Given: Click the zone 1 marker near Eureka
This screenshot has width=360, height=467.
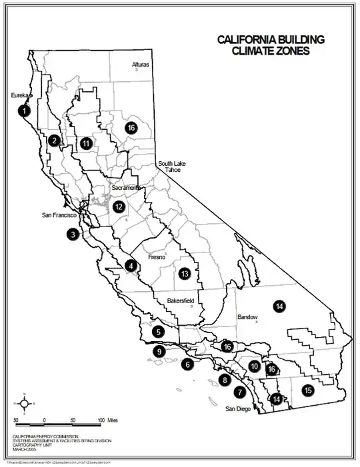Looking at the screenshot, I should tap(25, 111).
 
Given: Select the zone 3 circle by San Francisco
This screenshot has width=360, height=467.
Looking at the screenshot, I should tap(72, 234).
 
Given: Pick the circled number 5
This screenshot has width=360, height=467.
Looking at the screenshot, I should tap(158, 331).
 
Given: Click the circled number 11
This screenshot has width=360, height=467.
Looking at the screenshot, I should tap(87, 143).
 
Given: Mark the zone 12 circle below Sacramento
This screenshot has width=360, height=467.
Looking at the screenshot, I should tap(119, 207).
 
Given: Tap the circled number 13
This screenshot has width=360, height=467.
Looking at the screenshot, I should tap(185, 273).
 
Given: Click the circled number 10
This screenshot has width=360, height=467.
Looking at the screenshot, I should tap(254, 366).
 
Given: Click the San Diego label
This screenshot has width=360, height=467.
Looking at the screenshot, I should tap(239, 409).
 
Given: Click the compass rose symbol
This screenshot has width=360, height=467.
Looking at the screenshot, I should tap(24, 402).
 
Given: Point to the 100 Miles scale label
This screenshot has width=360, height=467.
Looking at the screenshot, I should tap(106, 420).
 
